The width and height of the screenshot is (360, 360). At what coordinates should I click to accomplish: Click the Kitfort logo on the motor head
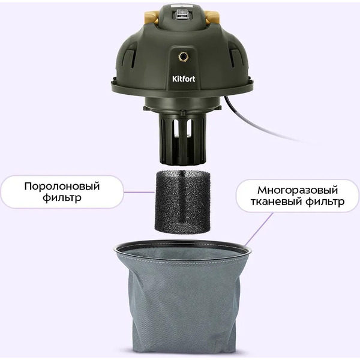[x=184, y=79]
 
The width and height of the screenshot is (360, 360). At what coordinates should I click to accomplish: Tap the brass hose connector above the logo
[x=183, y=56]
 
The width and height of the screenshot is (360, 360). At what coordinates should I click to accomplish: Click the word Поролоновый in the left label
[x=62, y=187]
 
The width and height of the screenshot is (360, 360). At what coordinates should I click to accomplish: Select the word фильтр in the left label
[x=62, y=197]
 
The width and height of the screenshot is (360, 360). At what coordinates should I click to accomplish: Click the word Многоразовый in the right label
[x=298, y=191]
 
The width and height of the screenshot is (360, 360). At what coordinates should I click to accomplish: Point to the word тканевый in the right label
[x=276, y=202]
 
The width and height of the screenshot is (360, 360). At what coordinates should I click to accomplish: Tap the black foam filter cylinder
[x=182, y=202]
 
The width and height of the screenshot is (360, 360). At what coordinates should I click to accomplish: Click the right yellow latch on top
[x=211, y=17]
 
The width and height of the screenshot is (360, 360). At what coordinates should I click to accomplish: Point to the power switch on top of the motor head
[x=182, y=14]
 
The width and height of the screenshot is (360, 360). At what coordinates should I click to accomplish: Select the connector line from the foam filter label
[x=139, y=192]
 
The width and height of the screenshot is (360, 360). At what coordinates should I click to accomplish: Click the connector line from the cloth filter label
[x=259, y=229]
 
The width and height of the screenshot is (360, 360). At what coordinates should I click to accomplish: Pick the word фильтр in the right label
[x=325, y=202]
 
